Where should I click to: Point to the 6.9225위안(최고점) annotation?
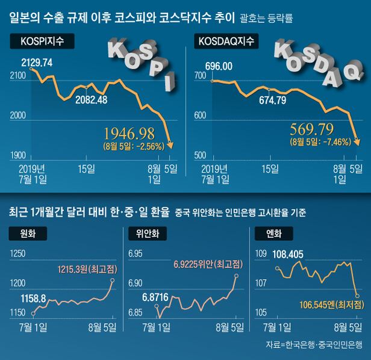(208, 264)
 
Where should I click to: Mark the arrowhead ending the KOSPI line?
(170, 145)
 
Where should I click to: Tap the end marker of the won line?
(113, 280)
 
